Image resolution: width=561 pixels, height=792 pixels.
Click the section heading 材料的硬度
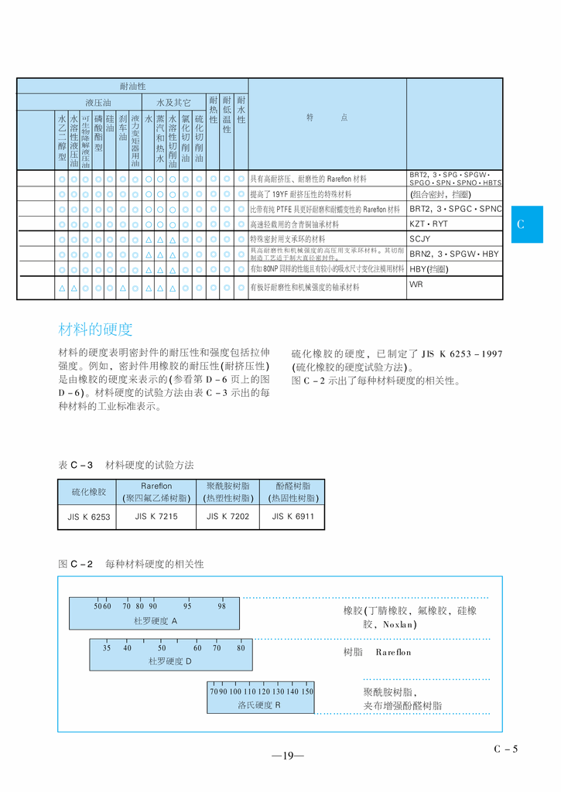95,329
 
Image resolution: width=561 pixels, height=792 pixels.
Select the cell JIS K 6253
88,516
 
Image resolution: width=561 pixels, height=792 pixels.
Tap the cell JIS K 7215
156,516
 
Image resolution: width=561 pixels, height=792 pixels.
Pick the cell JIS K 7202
227,516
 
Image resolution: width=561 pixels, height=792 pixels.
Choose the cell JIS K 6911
293,516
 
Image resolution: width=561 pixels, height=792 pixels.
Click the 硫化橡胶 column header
88,492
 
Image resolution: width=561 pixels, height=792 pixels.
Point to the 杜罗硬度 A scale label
156,621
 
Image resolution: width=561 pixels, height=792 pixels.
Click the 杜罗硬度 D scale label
169,661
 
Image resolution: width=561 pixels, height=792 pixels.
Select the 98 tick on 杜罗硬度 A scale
221,606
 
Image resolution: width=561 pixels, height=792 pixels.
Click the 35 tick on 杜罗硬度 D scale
107,648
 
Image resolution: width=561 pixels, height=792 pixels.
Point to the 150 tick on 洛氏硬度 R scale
307,691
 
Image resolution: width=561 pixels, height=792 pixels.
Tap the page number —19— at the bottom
287,756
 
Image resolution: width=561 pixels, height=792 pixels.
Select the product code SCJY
419,239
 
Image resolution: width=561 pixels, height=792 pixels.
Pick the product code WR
416,284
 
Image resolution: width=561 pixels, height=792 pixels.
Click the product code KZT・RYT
429,224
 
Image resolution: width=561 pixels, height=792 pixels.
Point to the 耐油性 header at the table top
132,86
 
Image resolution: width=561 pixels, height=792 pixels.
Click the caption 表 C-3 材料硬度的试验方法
125,465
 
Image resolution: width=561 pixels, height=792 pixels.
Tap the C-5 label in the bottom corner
505,748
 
